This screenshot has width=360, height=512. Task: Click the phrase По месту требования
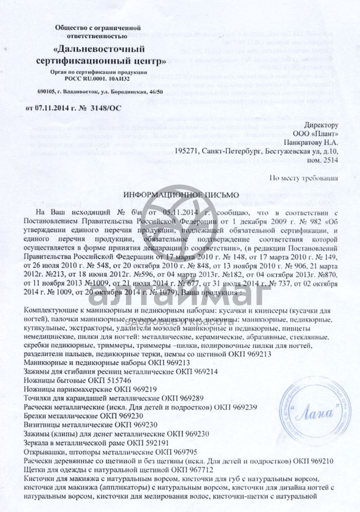304,178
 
